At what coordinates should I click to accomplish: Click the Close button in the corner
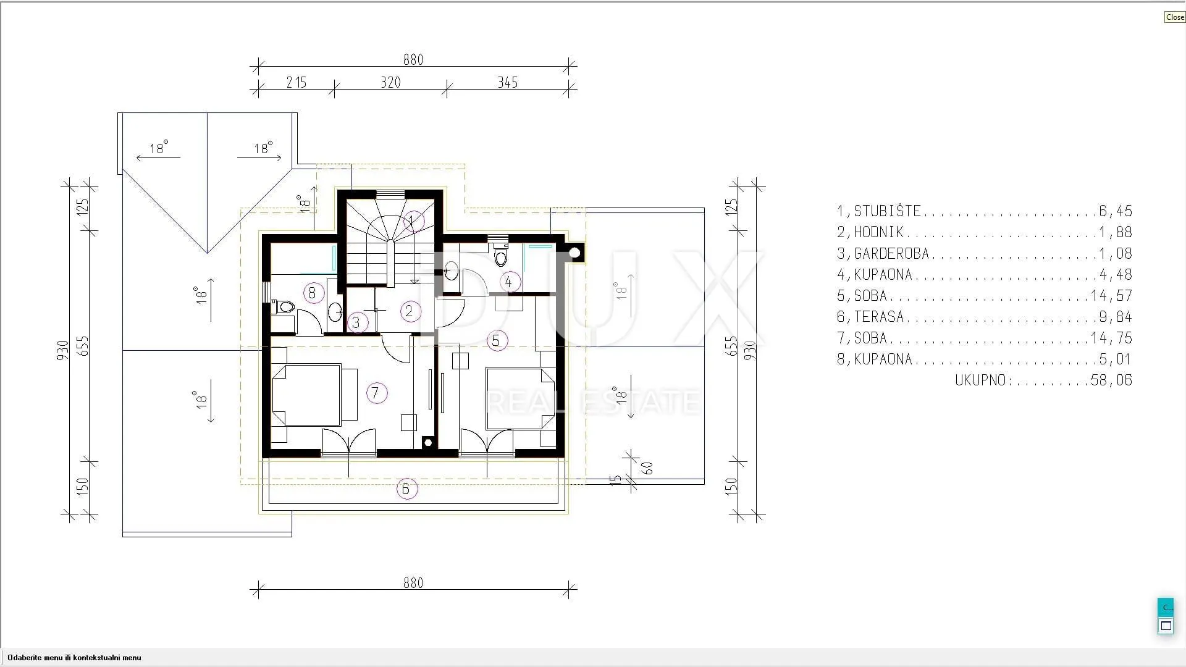tap(1174, 17)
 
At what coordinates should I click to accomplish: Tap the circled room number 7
tap(376, 393)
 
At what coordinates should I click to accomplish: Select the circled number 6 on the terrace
tap(406, 489)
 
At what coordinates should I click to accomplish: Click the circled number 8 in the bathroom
tap(312, 293)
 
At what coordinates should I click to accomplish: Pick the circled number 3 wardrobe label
tap(356, 322)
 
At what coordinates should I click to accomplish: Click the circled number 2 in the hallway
tap(410, 311)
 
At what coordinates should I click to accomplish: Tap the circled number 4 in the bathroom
tap(509, 282)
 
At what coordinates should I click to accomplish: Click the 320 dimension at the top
tap(390, 82)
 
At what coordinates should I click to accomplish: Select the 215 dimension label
tap(296, 82)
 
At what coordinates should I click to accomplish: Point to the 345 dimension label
tap(508, 82)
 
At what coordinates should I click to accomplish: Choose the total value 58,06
tap(1112, 380)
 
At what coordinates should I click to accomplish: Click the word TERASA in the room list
tap(879, 317)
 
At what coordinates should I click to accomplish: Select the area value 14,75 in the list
tap(1112, 338)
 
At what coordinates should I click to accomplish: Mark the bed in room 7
tap(307, 395)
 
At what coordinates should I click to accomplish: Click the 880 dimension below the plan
tap(413, 582)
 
